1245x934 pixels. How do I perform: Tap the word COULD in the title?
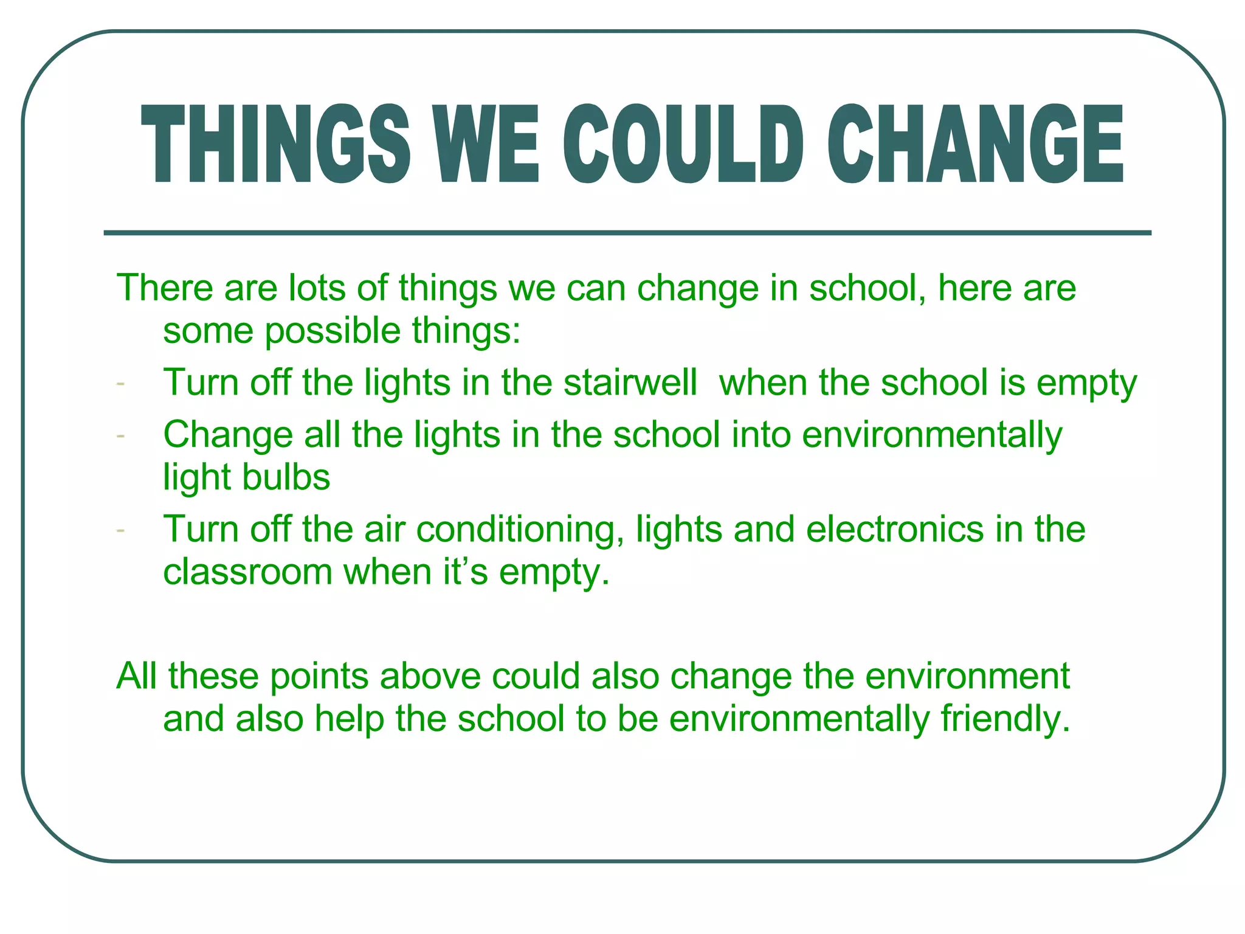click(683, 144)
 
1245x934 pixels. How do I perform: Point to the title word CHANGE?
click(975, 144)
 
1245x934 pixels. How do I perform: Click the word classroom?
click(247, 573)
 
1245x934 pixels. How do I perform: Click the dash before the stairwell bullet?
click(120, 384)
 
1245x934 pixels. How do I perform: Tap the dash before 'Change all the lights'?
click(120, 436)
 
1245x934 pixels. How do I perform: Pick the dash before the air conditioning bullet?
click(120, 531)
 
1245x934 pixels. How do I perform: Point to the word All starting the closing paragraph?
click(136, 676)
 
